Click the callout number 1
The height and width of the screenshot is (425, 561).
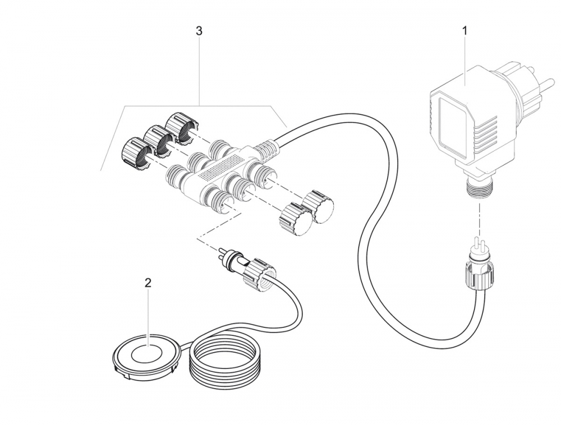pyautogui.click(x=465, y=31)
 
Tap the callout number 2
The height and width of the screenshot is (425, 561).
pyautogui.click(x=148, y=283)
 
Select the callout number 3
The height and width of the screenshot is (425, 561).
pyautogui.click(x=199, y=31)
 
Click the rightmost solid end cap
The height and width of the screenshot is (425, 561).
pyautogui.click(x=319, y=206)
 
